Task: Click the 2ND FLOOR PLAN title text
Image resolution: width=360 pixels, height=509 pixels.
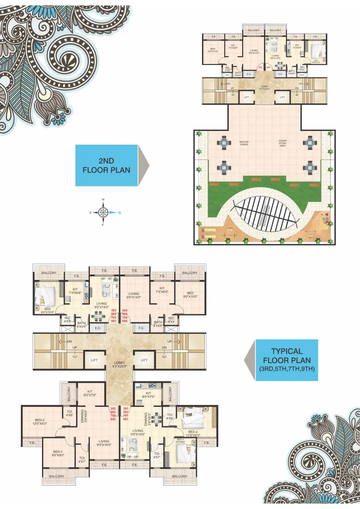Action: [x=106, y=165]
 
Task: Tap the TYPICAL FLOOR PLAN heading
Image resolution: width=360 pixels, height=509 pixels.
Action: [x=286, y=356]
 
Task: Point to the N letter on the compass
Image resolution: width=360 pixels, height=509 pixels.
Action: [x=119, y=213]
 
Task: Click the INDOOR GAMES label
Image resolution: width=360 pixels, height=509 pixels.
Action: [x=244, y=143]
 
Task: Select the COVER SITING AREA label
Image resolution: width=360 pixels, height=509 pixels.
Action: [x=282, y=143]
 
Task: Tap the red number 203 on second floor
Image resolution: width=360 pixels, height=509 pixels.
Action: [x=260, y=67]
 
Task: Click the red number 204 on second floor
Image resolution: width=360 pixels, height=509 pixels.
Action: [x=268, y=67]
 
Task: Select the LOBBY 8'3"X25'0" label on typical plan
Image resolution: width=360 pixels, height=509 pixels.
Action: [x=119, y=364]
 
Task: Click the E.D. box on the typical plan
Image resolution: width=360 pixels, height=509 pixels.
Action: [x=98, y=328]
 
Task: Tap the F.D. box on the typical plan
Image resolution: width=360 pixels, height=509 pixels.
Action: [x=141, y=328]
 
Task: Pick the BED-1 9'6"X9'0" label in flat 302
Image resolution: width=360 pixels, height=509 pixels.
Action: [x=57, y=453]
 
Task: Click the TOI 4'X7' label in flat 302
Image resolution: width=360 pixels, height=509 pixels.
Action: [x=82, y=459]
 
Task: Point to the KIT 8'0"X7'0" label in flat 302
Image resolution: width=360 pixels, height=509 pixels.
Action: [x=90, y=393]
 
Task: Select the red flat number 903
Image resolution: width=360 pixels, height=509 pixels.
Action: [x=113, y=321]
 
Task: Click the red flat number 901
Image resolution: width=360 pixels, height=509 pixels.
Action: [x=126, y=419]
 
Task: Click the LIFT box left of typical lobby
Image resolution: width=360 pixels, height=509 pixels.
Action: [x=94, y=360]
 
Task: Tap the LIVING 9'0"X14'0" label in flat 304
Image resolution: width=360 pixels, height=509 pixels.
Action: [x=134, y=295]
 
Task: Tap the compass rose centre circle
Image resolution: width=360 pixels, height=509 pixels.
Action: [x=103, y=212]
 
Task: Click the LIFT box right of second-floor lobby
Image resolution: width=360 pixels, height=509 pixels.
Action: [x=282, y=97]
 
